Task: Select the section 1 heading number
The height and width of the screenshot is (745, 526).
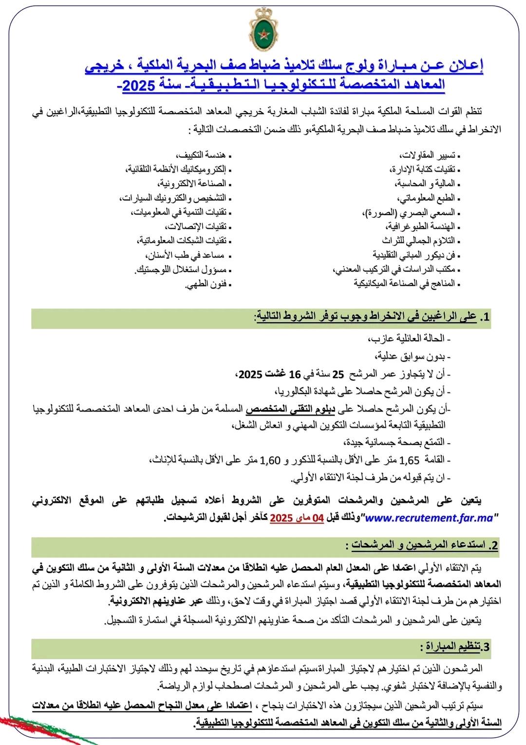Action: [485, 317]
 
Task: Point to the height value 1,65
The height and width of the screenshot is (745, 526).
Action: [409, 460]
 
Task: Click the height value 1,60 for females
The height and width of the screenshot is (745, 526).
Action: [271, 460]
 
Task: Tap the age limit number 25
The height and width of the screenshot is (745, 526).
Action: [338, 374]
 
